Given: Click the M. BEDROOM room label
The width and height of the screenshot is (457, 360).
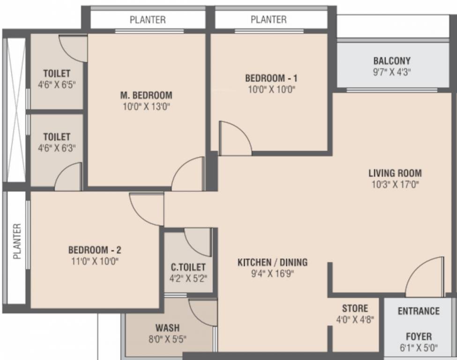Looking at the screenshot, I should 146,95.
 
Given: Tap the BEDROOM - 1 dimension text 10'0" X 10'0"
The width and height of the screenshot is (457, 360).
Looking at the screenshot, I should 271,90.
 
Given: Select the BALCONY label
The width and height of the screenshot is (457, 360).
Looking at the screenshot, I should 392,61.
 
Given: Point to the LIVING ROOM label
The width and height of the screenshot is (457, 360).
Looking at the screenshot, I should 395,173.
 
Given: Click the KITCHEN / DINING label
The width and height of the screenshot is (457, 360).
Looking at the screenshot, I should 272,262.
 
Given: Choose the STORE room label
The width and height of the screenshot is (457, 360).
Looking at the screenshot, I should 355,308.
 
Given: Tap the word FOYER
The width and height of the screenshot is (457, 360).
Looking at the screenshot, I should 419,337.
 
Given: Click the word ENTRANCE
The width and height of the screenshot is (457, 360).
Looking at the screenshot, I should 419,311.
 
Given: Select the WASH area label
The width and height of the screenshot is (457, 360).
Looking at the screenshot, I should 167,328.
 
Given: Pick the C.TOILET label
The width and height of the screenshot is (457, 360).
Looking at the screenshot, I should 188,267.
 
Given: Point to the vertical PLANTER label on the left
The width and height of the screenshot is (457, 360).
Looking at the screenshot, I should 17,241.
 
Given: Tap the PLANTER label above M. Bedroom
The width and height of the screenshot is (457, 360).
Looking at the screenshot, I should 148,20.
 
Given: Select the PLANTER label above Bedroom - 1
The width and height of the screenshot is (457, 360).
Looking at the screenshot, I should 269,20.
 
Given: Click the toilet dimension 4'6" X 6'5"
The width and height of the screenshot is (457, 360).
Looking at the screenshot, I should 57,85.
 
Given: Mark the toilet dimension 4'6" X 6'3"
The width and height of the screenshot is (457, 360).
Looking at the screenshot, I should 57,148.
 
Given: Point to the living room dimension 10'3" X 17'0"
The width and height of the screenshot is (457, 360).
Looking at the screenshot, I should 395,184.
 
